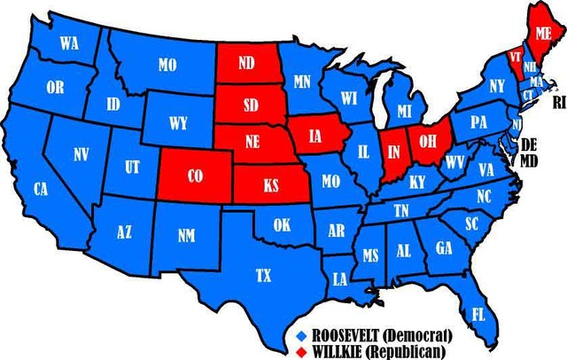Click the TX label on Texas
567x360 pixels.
pos(263,276)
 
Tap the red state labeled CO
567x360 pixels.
pos(196,176)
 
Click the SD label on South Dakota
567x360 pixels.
pos(251,105)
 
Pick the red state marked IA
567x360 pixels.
pos(316,137)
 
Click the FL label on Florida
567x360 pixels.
pos(478,315)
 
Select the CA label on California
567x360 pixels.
pos(40,189)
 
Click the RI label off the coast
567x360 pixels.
pos(558,103)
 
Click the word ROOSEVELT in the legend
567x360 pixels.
pos(348,335)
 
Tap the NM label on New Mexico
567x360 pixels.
pos(187,236)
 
